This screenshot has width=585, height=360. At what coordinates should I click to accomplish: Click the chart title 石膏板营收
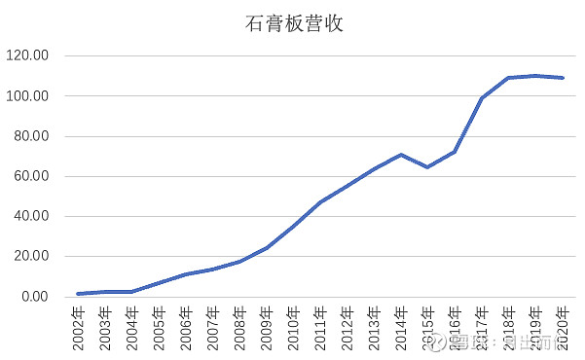(293, 23)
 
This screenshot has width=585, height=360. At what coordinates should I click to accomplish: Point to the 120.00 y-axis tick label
(26, 56)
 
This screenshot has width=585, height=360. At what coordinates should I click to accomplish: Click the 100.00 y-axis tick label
(26, 96)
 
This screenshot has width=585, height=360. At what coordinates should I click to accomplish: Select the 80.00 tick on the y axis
(29, 137)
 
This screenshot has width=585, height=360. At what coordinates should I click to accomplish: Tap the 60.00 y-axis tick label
(29, 177)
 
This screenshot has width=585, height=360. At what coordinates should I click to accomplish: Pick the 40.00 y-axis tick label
(29, 217)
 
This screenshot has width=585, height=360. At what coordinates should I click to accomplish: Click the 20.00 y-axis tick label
(29, 257)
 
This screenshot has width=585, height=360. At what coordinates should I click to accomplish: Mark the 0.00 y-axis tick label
(32, 297)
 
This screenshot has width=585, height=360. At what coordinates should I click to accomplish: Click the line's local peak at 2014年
(401, 155)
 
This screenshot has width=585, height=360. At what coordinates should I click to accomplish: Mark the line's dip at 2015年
(427, 167)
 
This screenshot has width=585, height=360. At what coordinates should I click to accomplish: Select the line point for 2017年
(482, 98)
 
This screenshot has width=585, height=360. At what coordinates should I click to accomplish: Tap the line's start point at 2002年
(78, 294)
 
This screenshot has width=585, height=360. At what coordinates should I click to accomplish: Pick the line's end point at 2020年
(563, 78)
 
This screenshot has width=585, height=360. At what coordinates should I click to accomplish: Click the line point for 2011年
(320, 202)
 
